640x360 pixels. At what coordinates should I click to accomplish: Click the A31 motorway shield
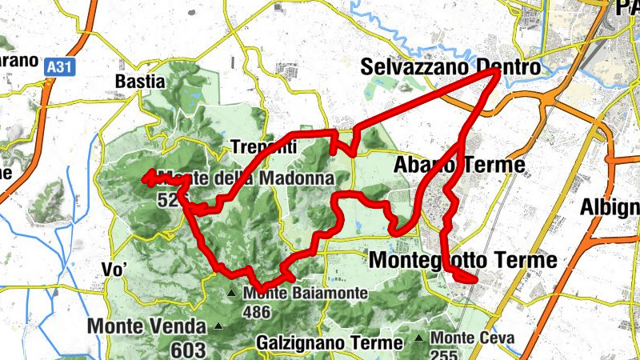[58, 68]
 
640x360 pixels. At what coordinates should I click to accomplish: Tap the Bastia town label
[139, 81]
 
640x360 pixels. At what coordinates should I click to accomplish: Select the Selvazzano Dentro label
[450, 68]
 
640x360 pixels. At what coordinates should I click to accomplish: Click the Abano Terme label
[460, 166]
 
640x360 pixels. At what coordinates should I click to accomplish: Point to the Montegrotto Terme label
[462, 260]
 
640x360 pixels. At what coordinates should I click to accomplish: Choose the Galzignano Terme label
[330, 342]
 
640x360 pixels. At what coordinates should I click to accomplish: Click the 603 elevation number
[187, 350]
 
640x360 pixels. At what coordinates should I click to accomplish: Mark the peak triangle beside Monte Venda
[218, 326]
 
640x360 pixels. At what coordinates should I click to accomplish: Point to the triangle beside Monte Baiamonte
[232, 294]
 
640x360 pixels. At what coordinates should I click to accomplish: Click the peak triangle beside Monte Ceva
[419, 338]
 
